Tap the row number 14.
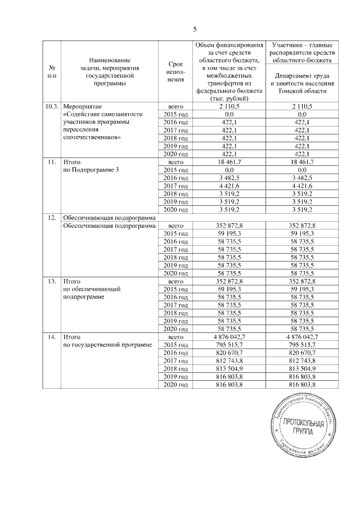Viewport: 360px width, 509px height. click(x=52, y=336)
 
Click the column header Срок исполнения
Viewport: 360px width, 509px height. click(x=173, y=71)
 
